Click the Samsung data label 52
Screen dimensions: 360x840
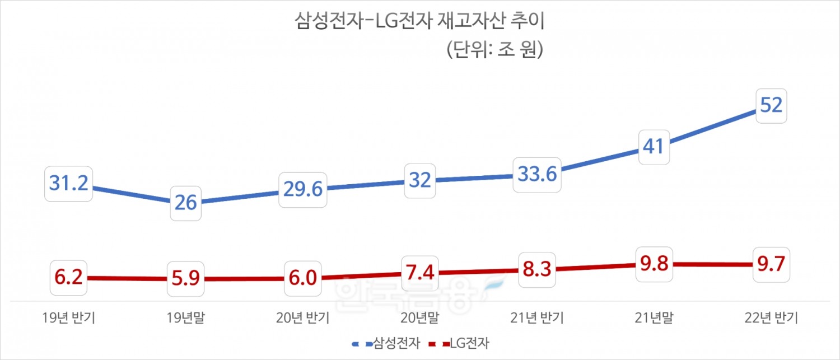pyautogui.click(x=771, y=105)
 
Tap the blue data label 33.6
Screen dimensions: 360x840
pyautogui.click(x=537, y=175)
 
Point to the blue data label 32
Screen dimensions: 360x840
pyautogui.click(x=419, y=180)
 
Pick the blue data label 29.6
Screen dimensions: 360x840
pyautogui.click(x=302, y=190)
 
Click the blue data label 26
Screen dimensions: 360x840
pyautogui.click(x=185, y=202)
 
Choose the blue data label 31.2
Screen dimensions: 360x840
pyautogui.click(x=69, y=183)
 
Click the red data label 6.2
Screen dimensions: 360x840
pyautogui.click(x=69, y=277)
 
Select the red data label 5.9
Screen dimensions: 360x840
pyautogui.click(x=185, y=279)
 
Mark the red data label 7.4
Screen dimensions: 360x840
pyautogui.click(x=419, y=272)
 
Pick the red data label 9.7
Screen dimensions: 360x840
pyautogui.click(x=771, y=264)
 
